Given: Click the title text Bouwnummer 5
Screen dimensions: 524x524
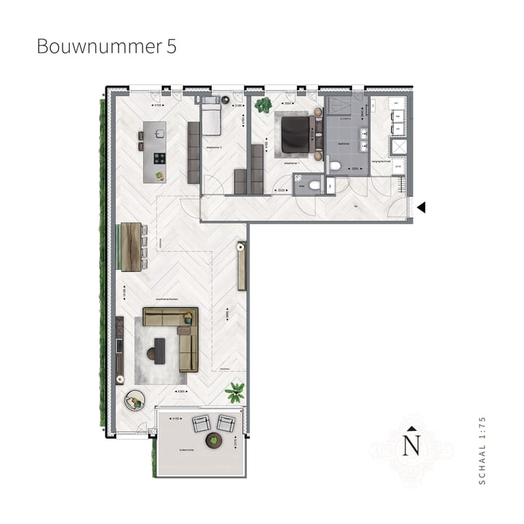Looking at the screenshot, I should pyautogui.click(x=106, y=47).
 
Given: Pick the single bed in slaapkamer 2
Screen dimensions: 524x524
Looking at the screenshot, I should pyautogui.click(x=210, y=119).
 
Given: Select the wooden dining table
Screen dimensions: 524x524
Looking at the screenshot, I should pyautogui.click(x=131, y=246).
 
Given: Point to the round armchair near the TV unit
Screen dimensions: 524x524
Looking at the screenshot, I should pyautogui.click(x=134, y=399).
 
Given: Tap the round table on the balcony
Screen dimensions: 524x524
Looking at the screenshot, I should pyautogui.click(x=214, y=439).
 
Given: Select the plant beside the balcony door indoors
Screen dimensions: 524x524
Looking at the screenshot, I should pyautogui.click(x=234, y=393).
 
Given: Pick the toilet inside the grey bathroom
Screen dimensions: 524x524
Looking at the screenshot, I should pyautogui.click(x=336, y=167).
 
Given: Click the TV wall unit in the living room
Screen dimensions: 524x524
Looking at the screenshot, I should pyautogui.click(x=120, y=349).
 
